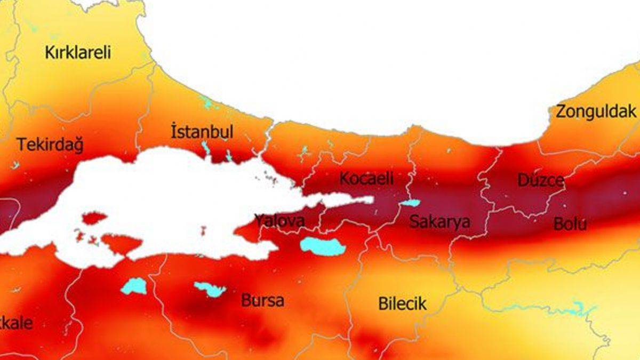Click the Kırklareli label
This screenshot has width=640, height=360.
[x=78, y=53]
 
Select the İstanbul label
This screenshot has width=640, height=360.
[x=202, y=132]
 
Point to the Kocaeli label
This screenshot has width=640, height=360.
[x=366, y=179]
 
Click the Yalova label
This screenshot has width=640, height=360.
[x=279, y=220]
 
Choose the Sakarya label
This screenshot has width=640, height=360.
[x=439, y=222]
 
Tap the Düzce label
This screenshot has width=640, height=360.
[x=541, y=180]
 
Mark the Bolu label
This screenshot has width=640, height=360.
[x=570, y=224]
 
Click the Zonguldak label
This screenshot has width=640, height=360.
[x=596, y=111]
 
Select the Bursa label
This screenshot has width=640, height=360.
[x=262, y=300]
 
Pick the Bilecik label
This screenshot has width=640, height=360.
[x=403, y=304]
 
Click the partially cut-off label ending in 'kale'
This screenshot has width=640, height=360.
[x=16, y=323]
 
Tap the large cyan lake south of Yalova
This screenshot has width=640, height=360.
[x=322, y=246]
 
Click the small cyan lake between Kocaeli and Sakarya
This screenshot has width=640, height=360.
[x=410, y=203]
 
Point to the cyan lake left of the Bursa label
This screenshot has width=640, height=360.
[x=210, y=290]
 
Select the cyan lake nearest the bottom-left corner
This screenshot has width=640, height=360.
[x=133, y=286]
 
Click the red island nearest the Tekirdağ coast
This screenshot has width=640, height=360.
[x=94, y=218]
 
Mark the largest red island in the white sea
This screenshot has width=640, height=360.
[x=122, y=244]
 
